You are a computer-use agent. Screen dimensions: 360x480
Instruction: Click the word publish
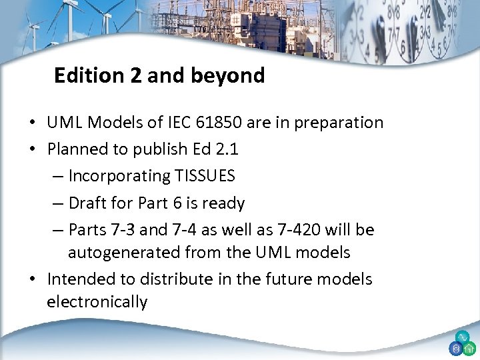click(157, 149)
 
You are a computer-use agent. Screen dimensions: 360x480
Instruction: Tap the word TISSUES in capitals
click(205, 176)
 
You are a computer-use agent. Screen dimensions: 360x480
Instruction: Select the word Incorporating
click(120, 176)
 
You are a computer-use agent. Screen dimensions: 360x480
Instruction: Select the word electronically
click(97, 302)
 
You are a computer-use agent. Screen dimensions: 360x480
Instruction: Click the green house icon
click(469, 348)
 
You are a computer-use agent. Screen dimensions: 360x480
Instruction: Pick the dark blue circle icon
click(456, 348)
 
